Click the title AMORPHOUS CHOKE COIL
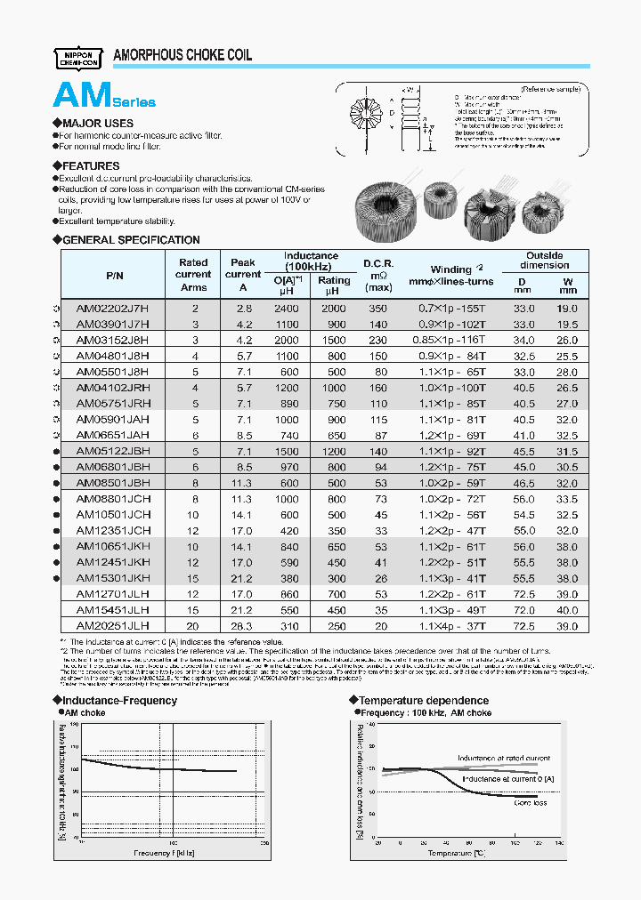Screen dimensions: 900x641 (x=183, y=55)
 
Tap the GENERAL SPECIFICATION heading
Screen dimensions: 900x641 (x=130, y=239)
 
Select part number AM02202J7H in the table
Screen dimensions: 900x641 (x=113, y=307)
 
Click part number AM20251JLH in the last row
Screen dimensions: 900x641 (x=113, y=626)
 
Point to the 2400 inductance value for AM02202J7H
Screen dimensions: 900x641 (x=287, y=307)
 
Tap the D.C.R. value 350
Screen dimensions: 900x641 (x=378, y=307)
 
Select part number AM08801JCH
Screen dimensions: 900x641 (x=113, y=499)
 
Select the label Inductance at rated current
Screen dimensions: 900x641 (x=503, y=759)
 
